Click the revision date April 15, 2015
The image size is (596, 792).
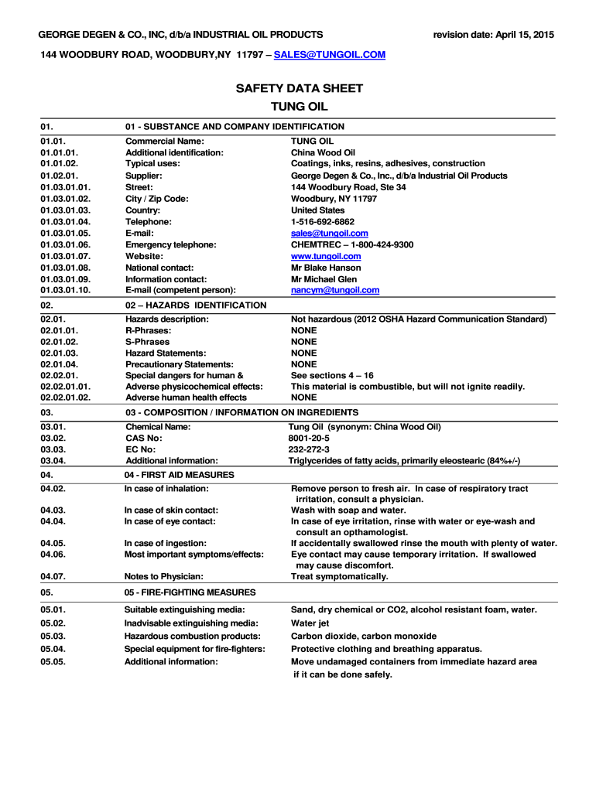493,35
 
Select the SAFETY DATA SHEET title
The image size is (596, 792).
299,89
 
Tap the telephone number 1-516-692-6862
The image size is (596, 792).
323,221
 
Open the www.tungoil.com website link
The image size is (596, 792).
326,256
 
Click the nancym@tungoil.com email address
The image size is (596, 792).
335,290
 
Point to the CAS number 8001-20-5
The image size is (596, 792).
309,438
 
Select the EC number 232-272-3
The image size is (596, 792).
309,449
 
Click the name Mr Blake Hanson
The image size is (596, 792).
326,268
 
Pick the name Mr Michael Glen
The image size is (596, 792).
324,279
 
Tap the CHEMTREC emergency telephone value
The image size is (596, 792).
352,244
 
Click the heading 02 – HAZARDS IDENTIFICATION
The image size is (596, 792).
196,306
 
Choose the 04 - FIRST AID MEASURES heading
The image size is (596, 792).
179,474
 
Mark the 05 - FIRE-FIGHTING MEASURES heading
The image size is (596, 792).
190,592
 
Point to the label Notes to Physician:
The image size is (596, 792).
164,576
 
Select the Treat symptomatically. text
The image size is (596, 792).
340,576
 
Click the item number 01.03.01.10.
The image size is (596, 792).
66,290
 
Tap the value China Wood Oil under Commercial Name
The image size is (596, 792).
323,152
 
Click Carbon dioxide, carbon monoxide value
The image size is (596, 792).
364,636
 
